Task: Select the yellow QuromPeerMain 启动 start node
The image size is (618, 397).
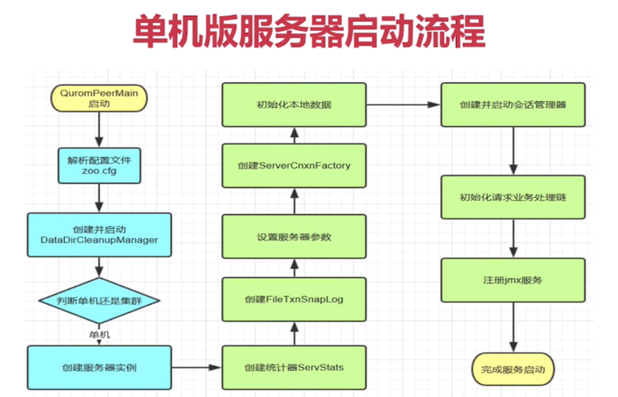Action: (99, 98)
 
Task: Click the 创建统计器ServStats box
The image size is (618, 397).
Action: (294, 368)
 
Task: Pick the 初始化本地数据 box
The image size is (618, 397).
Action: (294, 104)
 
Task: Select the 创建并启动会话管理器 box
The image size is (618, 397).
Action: (513, 104)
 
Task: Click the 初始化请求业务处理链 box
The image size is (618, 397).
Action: (513, 197)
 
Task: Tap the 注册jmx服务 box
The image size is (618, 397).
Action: (513, 280)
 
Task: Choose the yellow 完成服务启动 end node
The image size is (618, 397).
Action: (513, 368)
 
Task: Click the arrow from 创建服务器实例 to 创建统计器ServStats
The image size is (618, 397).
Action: (197, 368)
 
